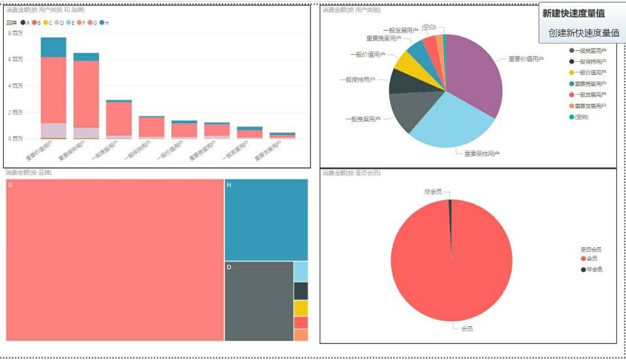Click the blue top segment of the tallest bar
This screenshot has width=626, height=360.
pyautogui.click(x=53, y=47)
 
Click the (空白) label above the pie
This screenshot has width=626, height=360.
pyautogui.click(x=428, y=27)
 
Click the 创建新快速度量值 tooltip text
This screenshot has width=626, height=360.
pyautogui.click(x=583, y=33)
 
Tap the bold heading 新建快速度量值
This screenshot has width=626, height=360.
pyautogui.click(x=573, y=13)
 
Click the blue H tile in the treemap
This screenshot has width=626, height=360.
pyautogui.click(x=266, y=220)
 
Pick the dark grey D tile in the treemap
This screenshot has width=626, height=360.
pyautogui.click(x=258, y=301)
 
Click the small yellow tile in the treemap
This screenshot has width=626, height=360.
pyautogui.click(x=301, y=308)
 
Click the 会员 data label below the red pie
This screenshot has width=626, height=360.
pyautogui.click(x=467, y=328)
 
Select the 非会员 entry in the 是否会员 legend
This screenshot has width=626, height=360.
pyautogui.click(x=593, y=269)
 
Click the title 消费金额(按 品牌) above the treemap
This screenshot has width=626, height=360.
pyautogui.click(x=29, y=173)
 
